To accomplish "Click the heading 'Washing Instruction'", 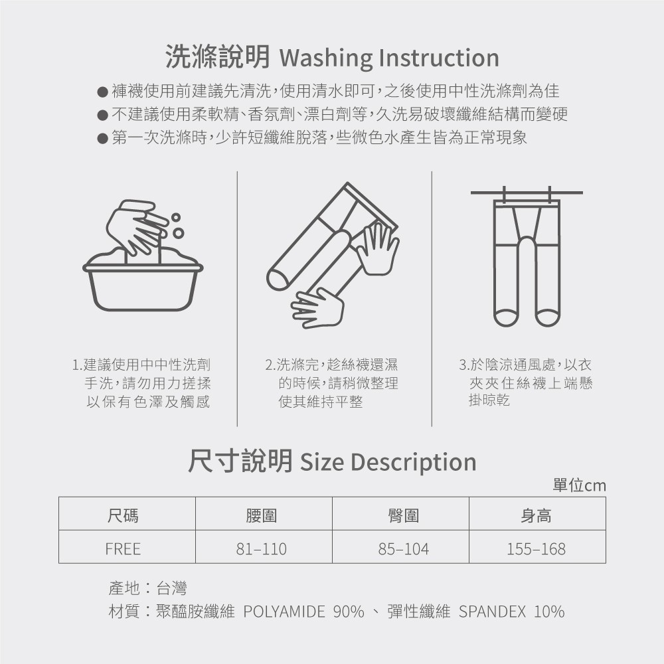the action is [x=389, y=58].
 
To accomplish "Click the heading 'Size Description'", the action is [x=388, y=462].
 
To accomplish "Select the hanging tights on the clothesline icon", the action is [x=527, y=262].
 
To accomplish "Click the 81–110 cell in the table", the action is [x=261, y=549].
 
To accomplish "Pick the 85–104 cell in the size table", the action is [x=403, y=549].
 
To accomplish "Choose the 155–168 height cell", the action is [x=536, y=549].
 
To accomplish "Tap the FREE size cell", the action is [x=123, y=549].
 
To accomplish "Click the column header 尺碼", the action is [x=123, y=515].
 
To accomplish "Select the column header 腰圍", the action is [x=261, y=515].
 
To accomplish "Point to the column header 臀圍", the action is [x=403, y=515].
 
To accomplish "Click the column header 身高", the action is [x=536, y=515].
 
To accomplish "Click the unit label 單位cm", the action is [x=579, y=485].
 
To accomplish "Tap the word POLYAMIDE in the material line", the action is [x=284, y=612].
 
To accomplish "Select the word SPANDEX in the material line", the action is [x=492, y=612].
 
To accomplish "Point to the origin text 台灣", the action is [x=171, y=588].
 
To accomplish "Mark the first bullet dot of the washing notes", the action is [x=102, y=92].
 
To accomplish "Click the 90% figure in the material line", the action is [x=349, y=612].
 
